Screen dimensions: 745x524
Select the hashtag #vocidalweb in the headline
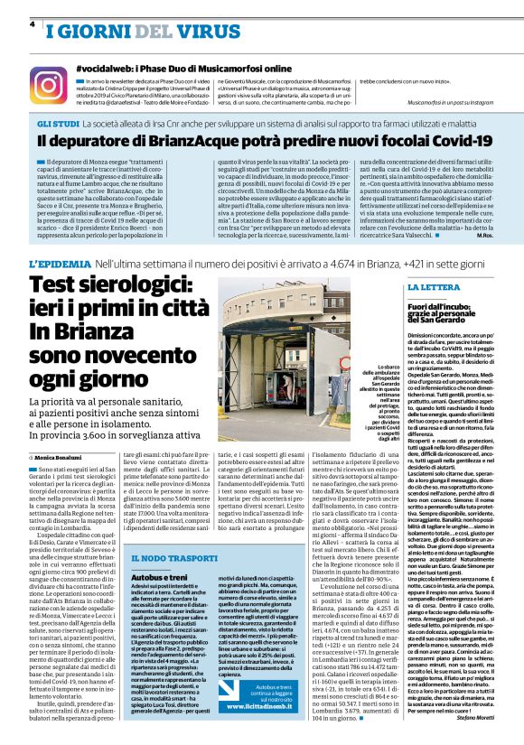(x=105, y=69)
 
